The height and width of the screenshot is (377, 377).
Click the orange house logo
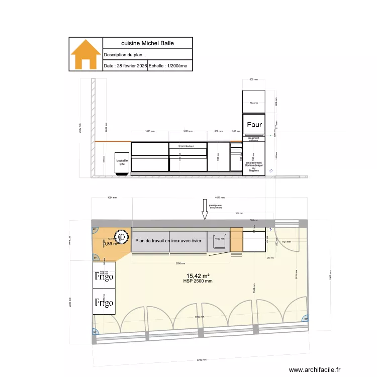[x=85, y=54]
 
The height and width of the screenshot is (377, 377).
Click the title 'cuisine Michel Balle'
[x=147, y=43]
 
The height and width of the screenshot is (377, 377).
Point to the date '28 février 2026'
[x=125, y=66]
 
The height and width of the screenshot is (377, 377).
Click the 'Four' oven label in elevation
[x=254, y=124]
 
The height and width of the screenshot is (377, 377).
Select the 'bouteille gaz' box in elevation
[x=122, y=163]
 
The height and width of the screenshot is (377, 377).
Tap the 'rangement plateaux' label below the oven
[x=253, y=139]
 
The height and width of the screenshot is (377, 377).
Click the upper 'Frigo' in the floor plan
[x=104, y=276]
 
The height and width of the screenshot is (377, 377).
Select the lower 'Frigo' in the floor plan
[x=104, y=303]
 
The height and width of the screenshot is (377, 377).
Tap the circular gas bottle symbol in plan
[x=121, y=236]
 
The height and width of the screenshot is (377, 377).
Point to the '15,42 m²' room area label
[x=198, y=275]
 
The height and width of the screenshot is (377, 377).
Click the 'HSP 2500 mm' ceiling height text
[x=198, y=281]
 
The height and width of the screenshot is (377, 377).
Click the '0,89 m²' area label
[x=110, y=244]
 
